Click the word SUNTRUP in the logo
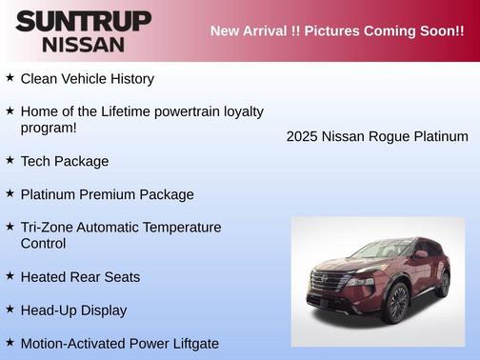click(x=83, y=21)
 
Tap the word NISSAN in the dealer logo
click(x=83, y=44)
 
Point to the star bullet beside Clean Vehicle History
click(x=10, y=77)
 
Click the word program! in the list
click(x=49, y=128)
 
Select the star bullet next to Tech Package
click(x=10, y=160)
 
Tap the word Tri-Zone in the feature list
click(x=48, y=228)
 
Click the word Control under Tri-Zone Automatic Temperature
click(x=43, y=244)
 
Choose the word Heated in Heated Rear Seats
click(x=44, y=277)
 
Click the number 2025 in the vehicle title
click(x=302, y=136)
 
